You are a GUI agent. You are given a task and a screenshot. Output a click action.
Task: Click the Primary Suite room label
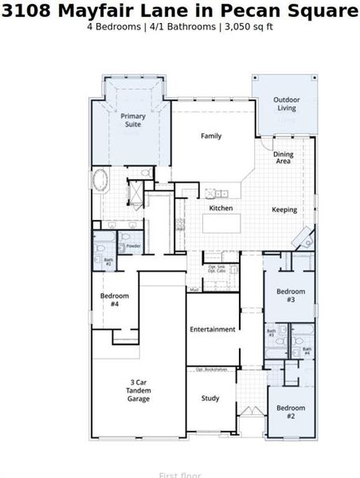[x=133, y=120]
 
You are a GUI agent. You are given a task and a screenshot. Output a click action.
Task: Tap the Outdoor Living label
[x=286, y=104]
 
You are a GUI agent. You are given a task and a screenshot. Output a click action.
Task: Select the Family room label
[x=211, y=136]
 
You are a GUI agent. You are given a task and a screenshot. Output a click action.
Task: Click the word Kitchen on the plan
[x=221, y=208]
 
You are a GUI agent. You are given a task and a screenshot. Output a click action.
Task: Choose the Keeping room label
[x=284, y=210]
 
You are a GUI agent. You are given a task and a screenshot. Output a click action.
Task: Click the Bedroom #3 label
[x=291, y=296]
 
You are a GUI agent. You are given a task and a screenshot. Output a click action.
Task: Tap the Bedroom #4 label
[x=110, y=300]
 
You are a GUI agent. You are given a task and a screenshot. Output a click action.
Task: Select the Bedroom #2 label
[x=291, y=412]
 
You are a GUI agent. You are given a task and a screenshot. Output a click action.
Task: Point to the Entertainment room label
[x=212, y=329]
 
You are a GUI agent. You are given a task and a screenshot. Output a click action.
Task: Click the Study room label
[x=210, y=398]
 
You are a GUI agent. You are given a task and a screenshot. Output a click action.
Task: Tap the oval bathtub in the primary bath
[x=103, y=179]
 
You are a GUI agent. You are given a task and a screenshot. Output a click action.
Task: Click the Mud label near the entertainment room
[x=194, y=289]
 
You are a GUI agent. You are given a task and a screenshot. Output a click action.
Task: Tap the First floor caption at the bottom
[x=179, y=475]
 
